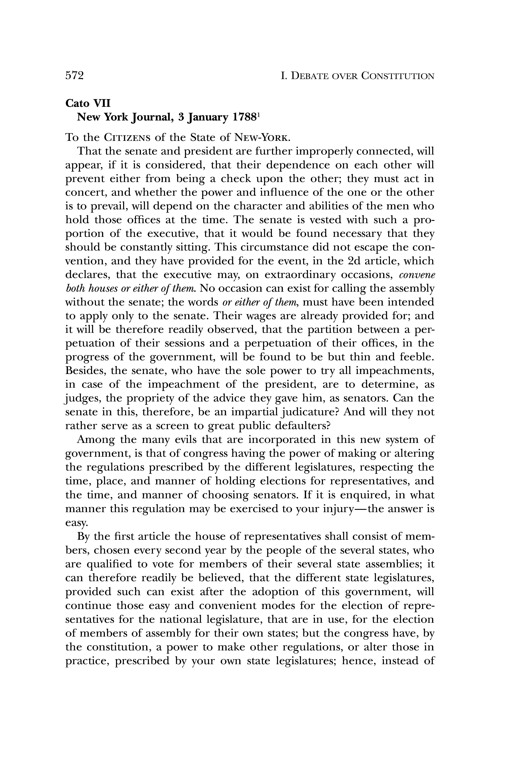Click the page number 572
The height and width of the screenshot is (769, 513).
click(75, 76)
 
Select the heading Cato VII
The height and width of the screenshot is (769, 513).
click(88, 103)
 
